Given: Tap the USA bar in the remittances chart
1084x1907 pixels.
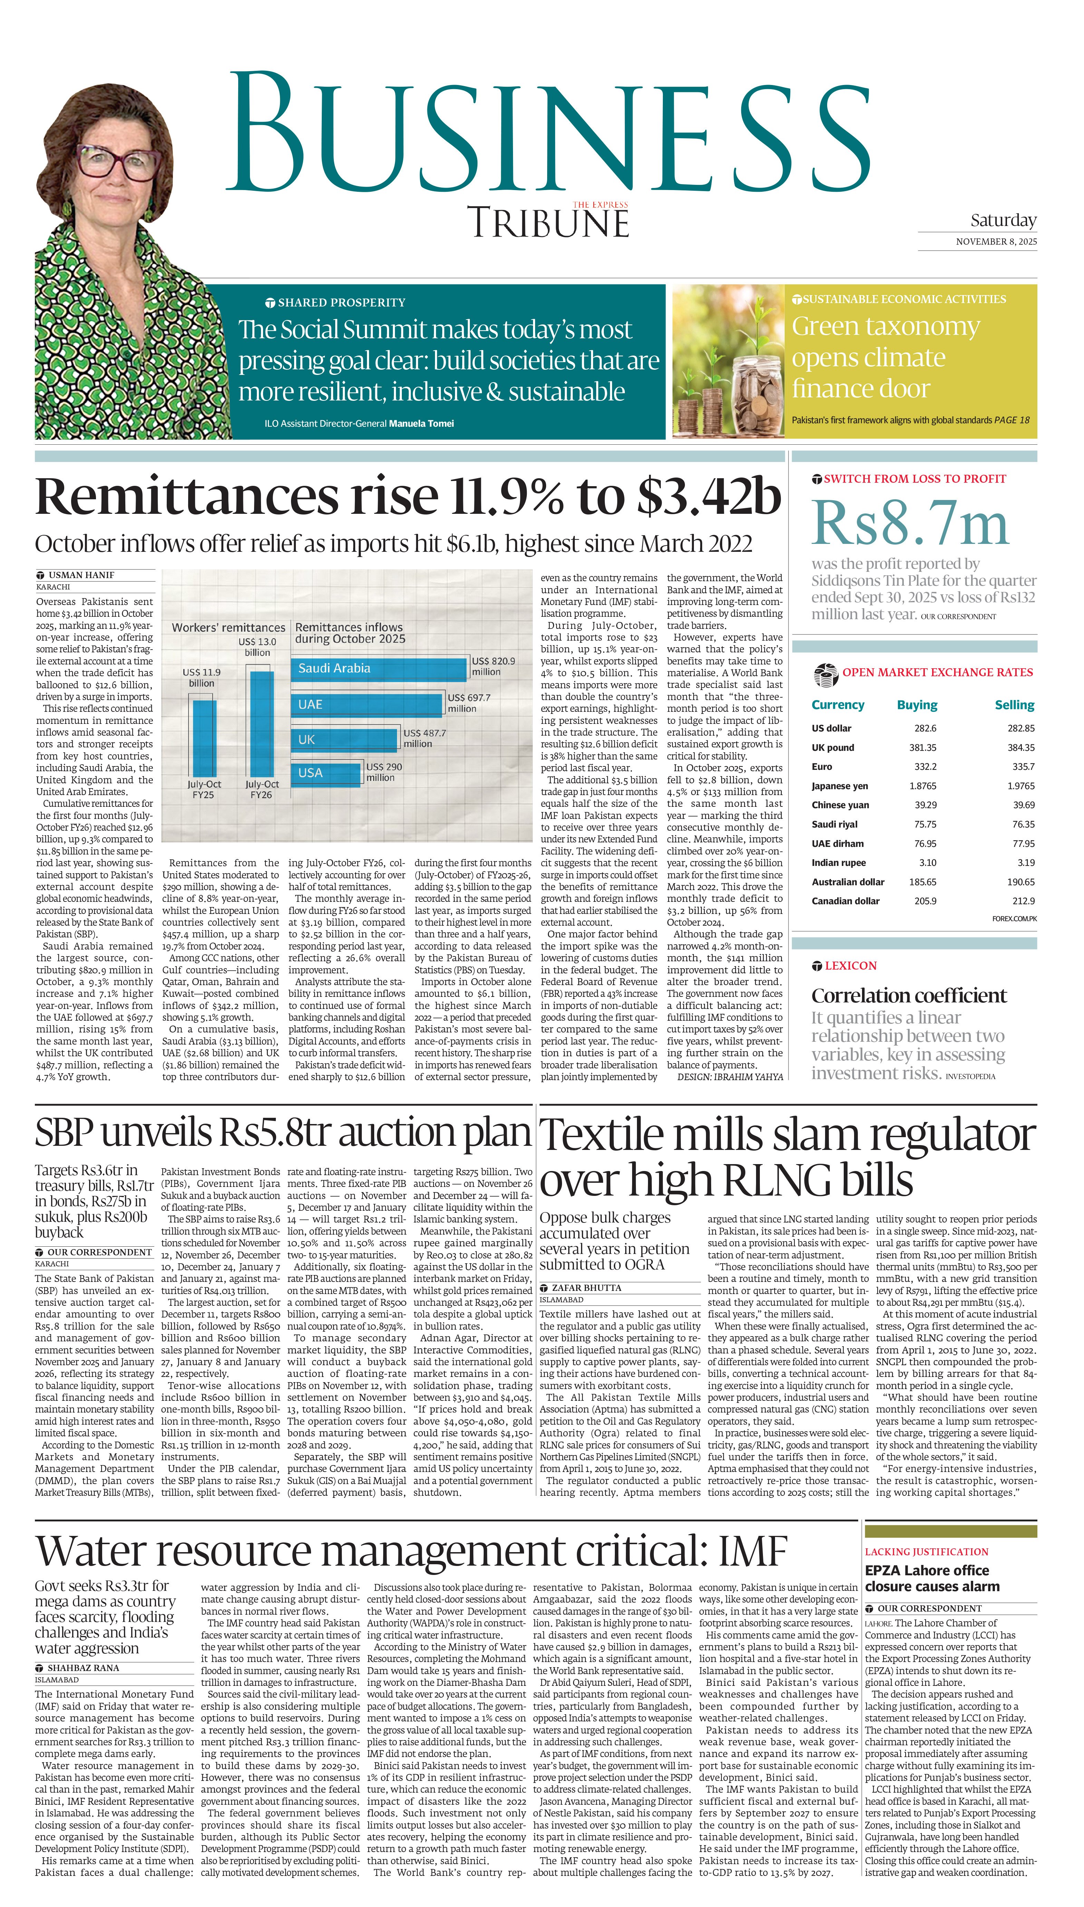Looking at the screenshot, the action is point(326,773).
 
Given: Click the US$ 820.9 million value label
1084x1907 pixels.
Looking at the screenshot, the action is point(493,666).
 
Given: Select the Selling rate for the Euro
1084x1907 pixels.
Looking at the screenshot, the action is point(1023,766).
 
